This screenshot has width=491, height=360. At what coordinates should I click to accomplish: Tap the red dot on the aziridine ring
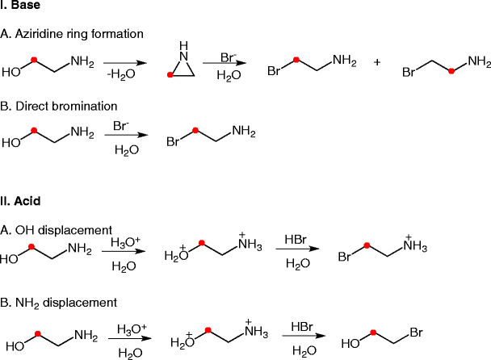coord(170,74)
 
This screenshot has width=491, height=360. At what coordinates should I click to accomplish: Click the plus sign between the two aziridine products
coord(378,62)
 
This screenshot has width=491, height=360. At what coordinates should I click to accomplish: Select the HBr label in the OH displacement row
coord(296,240)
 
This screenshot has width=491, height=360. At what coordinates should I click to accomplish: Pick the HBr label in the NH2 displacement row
coord(304,328)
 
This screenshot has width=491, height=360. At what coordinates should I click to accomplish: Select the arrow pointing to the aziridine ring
coord(125,63)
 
